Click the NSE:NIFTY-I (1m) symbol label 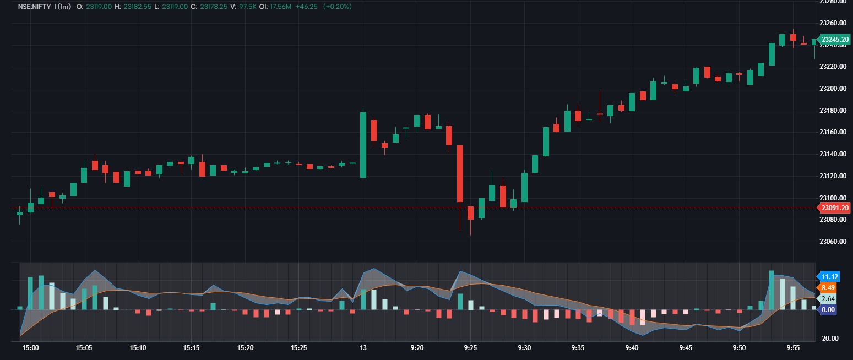coord(44,6)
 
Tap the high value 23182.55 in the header coord(137,6)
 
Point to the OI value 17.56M coord(284,6)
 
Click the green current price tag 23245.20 coord(835,40)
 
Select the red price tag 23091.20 coord(835,208)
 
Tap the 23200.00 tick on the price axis coord(833,89)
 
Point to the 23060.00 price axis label coord(833,242)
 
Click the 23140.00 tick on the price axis coord(833,154)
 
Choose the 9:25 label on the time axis coord(471,348)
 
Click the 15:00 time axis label coord(30,348)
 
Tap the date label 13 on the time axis coord(363,348)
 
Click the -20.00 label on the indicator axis coord(830,339)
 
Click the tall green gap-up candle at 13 coord(363,145)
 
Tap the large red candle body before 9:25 coord(460,173)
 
